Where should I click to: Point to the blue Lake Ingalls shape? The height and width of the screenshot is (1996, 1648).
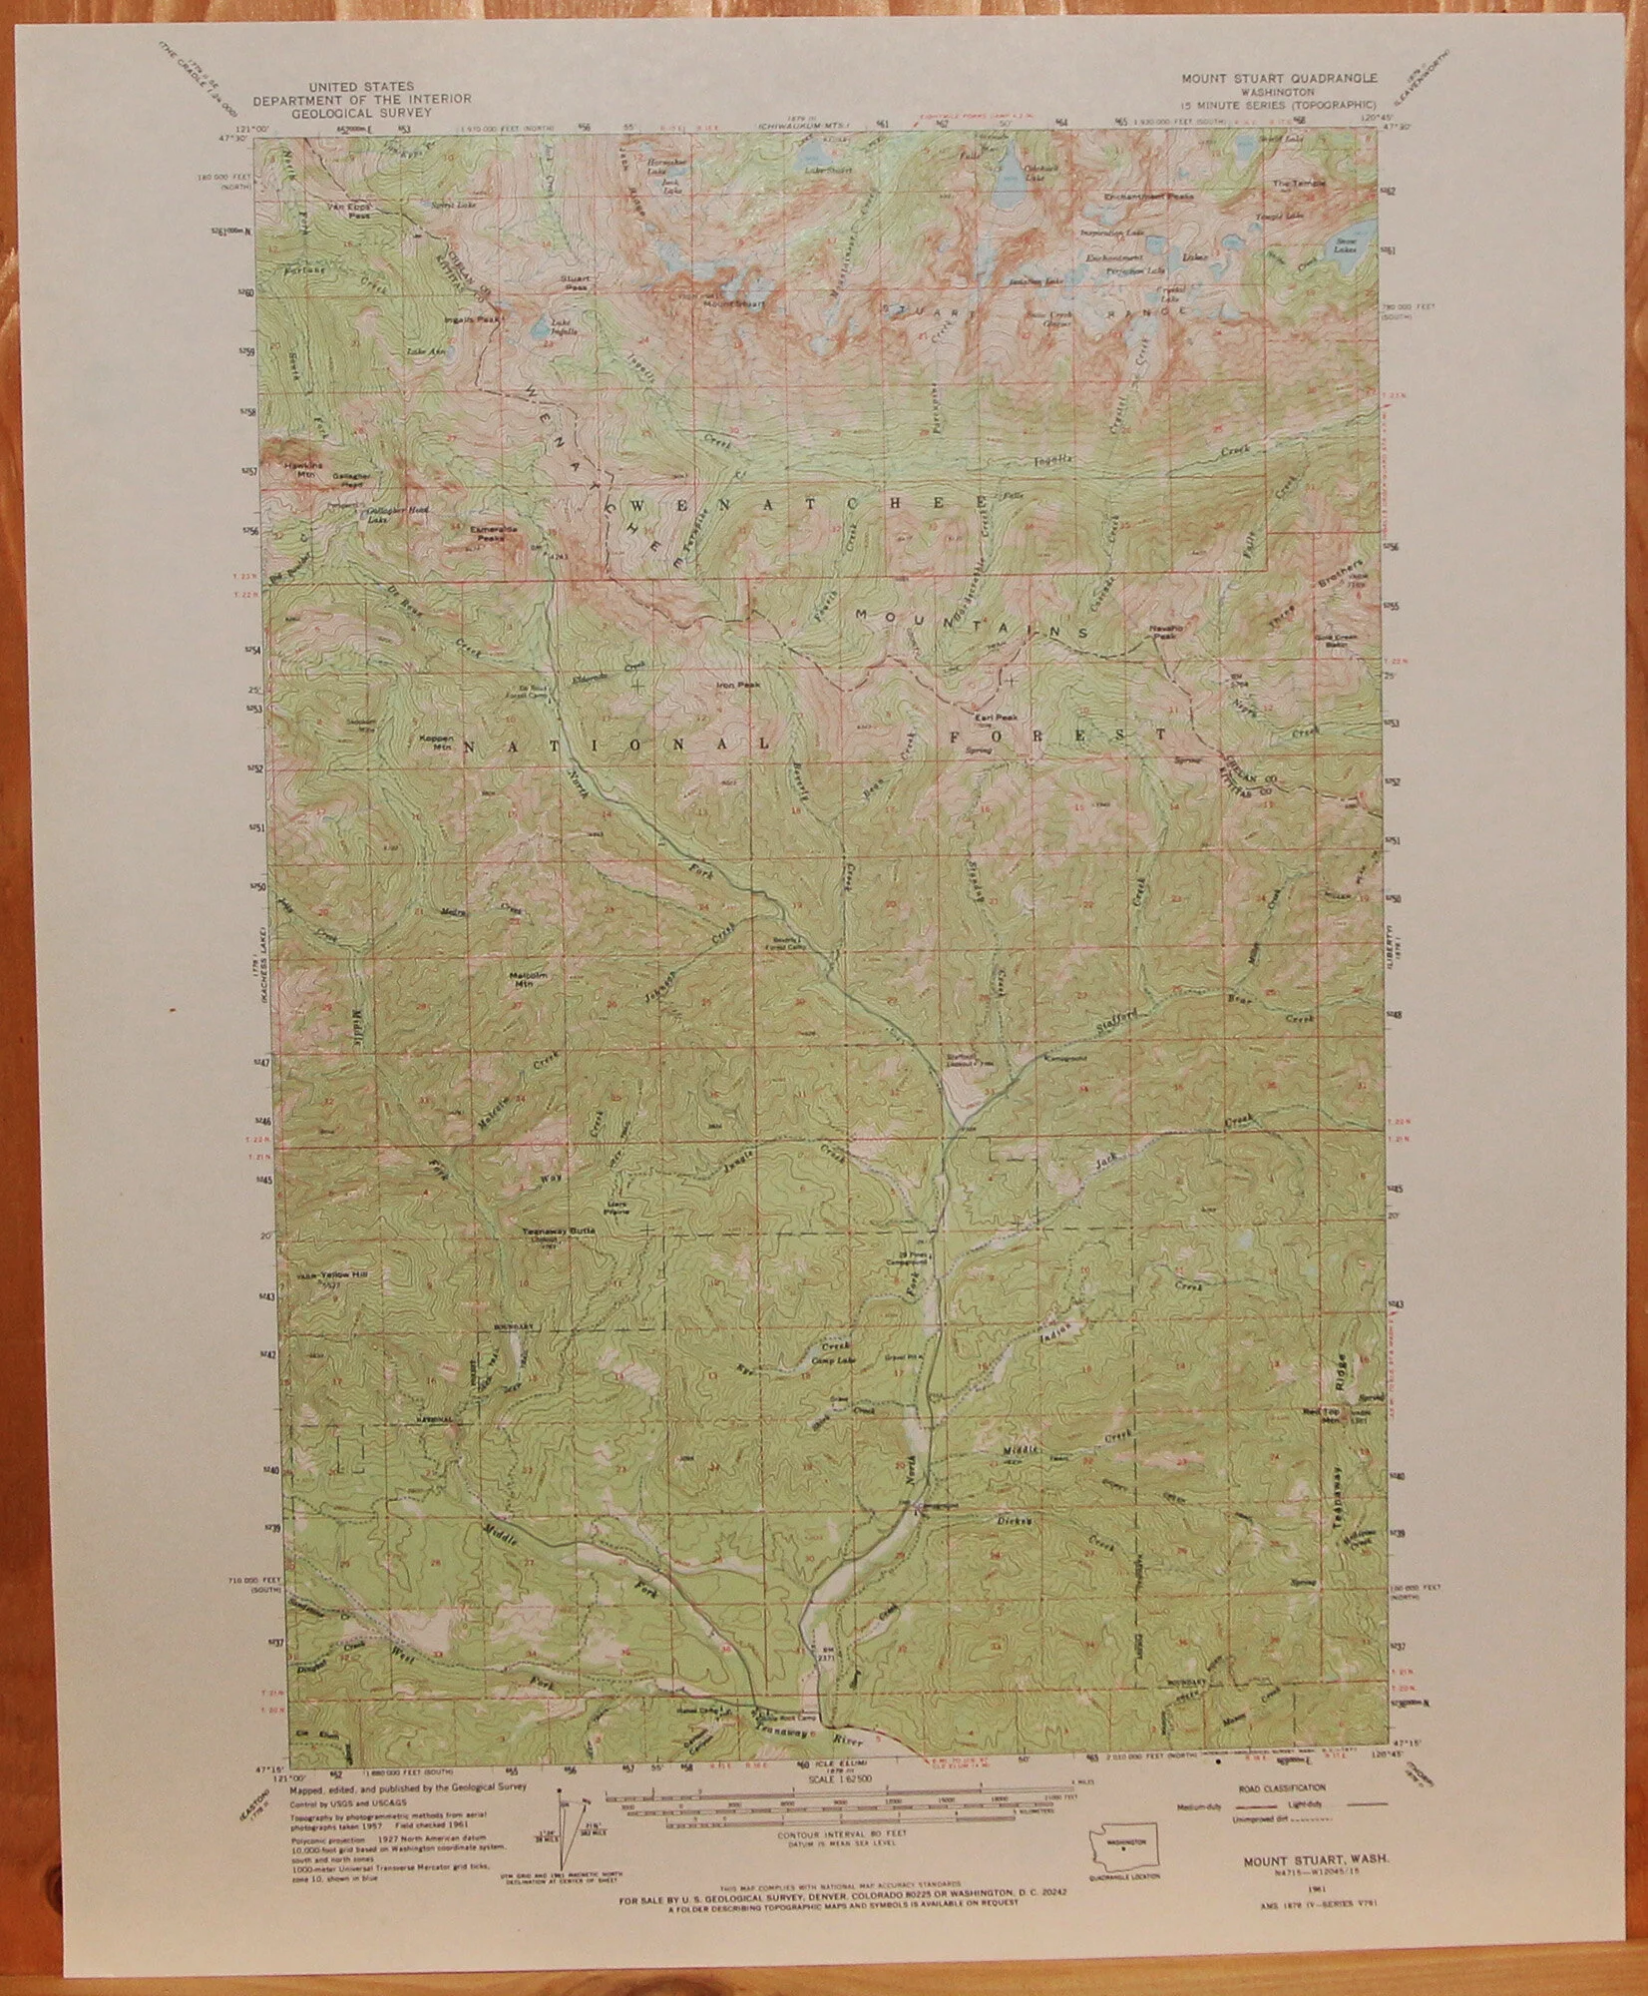[x=539, y=326]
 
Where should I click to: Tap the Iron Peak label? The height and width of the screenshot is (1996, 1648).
[x=739, y=686]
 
